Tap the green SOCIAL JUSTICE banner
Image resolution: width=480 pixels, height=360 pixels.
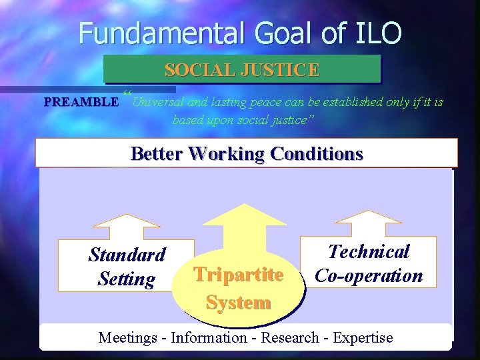pos(242,69)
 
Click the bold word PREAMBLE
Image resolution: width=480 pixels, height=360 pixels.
pos(81,103)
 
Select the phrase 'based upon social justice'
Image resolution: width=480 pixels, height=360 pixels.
pos(243,120)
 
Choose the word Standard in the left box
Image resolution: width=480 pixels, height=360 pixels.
pos(127,255)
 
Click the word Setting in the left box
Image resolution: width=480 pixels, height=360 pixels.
pos(126,279)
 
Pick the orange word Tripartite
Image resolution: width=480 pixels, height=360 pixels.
pos(238,275)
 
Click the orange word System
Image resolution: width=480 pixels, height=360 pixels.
pos(238,302)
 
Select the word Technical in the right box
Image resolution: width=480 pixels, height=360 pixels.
pos(369,251)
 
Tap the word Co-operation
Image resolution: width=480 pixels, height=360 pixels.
pos(369,275)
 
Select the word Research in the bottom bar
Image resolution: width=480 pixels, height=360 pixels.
pos(290,337)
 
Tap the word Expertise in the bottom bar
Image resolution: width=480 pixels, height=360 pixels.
pos(363,337)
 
